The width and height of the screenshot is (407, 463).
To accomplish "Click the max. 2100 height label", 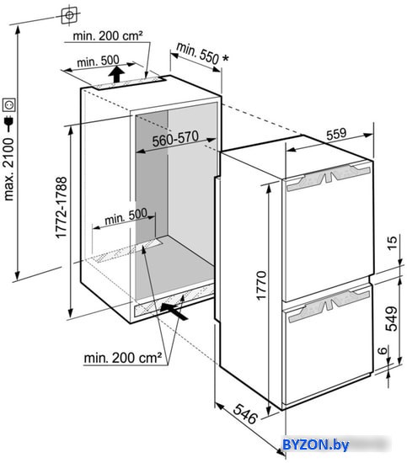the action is click(x=8, y=169).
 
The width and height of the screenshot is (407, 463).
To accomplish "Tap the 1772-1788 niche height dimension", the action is click(x=62, y=207).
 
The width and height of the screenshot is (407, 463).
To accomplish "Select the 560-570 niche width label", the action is click(x=175, y=139).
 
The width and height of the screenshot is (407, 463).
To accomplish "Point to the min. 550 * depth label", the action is click(x=202, y=53).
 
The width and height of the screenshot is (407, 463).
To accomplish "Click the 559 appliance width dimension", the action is click(x=336, y=134).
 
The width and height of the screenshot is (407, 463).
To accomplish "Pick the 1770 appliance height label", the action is click(x=261, y=285).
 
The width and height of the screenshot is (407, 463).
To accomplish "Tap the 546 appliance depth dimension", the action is click(x=245, y=413).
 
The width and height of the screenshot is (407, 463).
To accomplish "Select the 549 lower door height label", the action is click(x=392, y=318).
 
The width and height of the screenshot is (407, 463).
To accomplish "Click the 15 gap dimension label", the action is click(x=392, y=242).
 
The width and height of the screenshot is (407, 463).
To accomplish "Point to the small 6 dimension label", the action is click(x=383, y=350).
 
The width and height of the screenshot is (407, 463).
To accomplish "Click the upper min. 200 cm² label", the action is click(x=108, y=36).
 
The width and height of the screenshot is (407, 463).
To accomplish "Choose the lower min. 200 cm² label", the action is click(x=123, y=358).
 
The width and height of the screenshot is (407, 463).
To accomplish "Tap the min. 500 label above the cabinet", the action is click(x=98, y=61).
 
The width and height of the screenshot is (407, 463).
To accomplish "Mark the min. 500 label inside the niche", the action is click(x=126, y=217).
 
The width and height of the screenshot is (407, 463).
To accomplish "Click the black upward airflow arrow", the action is click(x=116, y=74).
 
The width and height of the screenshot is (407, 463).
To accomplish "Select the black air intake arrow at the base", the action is click(x=174, y=311).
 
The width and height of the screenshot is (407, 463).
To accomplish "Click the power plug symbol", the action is click(x=9, y=124).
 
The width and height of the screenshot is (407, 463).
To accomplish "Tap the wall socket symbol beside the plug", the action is click(x=8, y=105).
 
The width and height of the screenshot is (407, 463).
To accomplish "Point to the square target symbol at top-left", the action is click(x=70, y=15).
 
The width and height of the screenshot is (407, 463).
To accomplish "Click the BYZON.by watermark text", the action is click(x=316, y=444).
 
